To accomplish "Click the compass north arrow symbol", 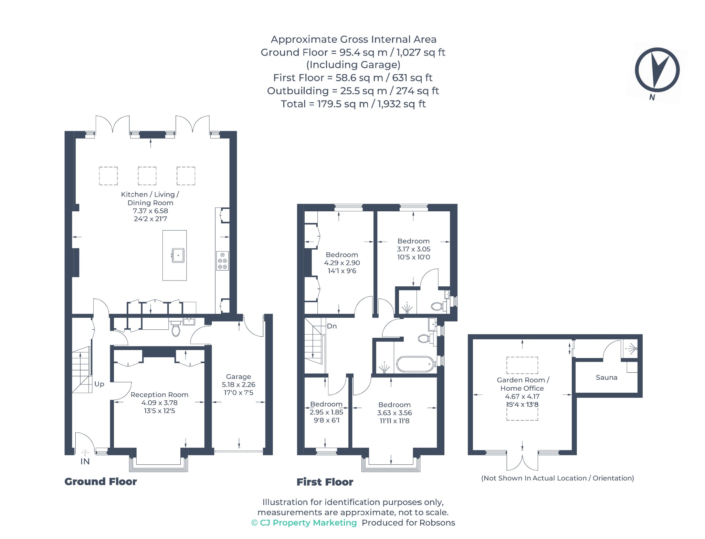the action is (x=657, y=70).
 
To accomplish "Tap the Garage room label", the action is (x=239, y=377).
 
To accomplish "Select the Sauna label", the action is (x=607, y=378).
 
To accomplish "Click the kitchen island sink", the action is (x=178, y=255).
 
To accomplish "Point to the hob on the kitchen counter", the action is (x=222, y=261).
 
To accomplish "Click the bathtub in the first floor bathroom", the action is (x=415, y=364).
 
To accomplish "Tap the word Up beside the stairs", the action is (x=99, y=384).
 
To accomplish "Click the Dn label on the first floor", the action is (x=332, y=326).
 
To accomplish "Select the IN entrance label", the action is (x=85, y=462).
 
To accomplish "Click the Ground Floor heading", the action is (x=101, y=482).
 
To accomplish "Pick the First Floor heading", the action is (x=325, y=482).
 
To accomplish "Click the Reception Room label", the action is (x=159, y=395).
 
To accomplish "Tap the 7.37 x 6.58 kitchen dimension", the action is (x=150, y=211).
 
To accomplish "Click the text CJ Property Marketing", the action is (x=308, y=523).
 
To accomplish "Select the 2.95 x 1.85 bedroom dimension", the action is (x=326, y=412).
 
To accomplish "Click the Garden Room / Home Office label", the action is (x=523, y=384).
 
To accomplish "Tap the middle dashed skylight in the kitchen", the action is (x=147, y=176).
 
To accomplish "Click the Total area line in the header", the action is (x=353, y=104).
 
